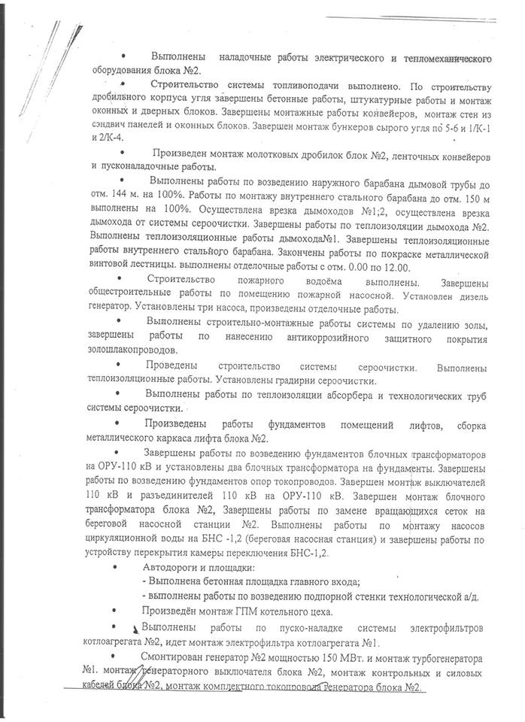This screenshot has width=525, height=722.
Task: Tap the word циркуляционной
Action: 129,540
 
